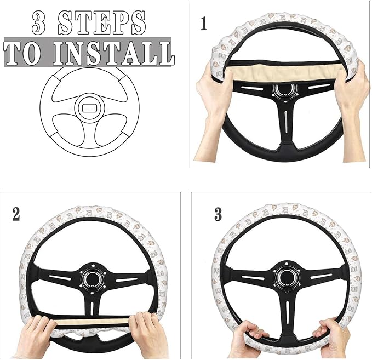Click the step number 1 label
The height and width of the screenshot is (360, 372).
pyautogui.click(x=204, y=24)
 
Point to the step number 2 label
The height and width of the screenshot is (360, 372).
pyautogui.click(x=16, y=213)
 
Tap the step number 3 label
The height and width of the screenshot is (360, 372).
pyautogui.click(x=218, y=214)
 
